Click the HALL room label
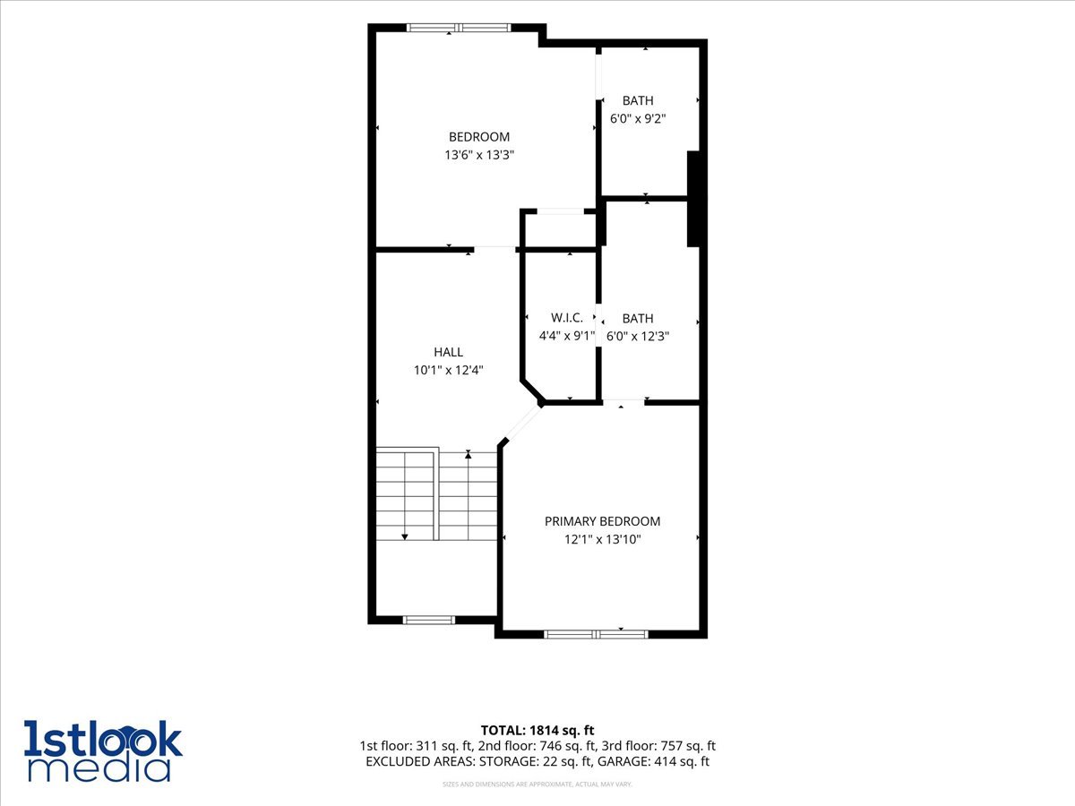point(448,352)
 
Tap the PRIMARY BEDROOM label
point(602,521)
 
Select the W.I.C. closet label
point(567,318)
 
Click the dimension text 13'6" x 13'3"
point(479,155)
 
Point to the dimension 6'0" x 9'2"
point(638,119)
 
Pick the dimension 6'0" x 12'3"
point(638,337)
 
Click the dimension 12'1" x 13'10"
point(602,539)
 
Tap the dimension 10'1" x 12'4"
point(448,370)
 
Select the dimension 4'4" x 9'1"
point(567,336)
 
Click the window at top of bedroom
point(459,28)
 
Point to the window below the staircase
point(428,620)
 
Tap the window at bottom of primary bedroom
point(596,635)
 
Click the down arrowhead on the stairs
point(405,537)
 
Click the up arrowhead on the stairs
point(469,455)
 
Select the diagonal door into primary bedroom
point(522,424)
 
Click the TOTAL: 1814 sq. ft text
point(537,730)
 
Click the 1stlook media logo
point(103,750)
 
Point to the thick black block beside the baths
point(693,199)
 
